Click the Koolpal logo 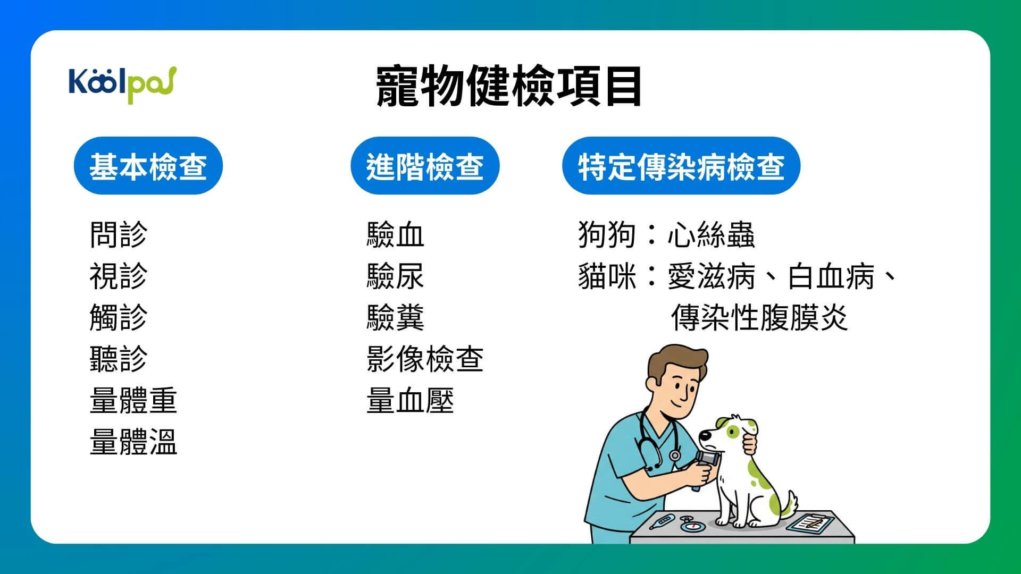122,84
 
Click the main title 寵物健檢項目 509,86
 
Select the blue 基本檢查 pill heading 148,166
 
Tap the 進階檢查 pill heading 424,166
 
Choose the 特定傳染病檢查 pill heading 681,166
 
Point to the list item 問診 118,234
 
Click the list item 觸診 118,317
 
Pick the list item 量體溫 133,442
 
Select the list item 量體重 133,400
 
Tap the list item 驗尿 395,276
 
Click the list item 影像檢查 424,359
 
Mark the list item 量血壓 409,400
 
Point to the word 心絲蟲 710,234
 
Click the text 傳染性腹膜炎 759,317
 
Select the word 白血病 831,276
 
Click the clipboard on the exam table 809,524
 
